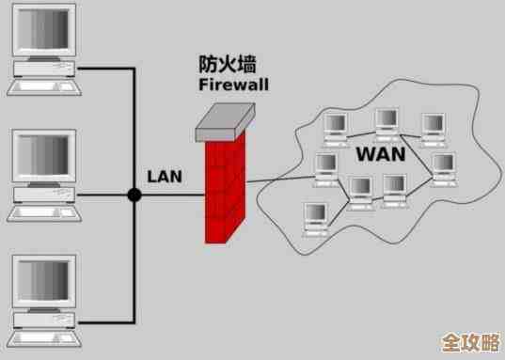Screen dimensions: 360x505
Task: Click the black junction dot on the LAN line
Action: coord(134,196)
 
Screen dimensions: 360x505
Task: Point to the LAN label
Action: coord(165,176)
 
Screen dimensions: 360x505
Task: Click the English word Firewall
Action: coord(233,85)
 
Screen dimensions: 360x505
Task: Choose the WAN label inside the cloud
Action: coord(381,153)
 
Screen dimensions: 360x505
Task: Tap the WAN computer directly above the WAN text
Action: coord(387,121)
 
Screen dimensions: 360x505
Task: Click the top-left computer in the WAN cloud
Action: coord(336,127)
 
